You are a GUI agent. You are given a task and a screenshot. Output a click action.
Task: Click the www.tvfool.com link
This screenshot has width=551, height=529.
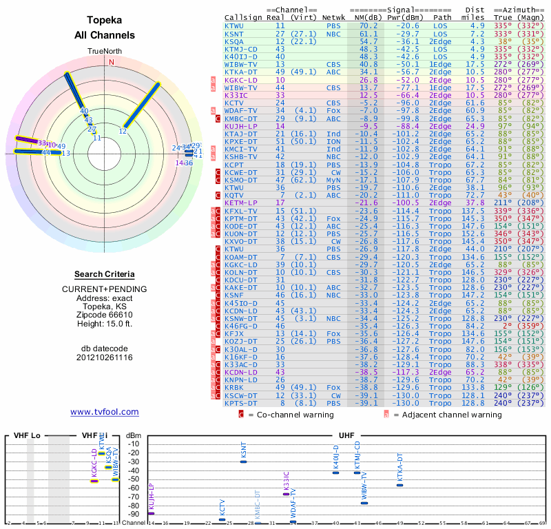click(x=105, y=412)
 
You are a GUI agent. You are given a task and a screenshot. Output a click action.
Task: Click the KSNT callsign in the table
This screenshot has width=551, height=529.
click(x=234, y=33)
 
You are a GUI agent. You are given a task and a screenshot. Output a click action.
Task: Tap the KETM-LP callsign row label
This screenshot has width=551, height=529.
click(x=240, y=203)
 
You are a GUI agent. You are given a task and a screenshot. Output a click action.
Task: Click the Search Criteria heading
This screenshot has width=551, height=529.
click(x=105, y=274)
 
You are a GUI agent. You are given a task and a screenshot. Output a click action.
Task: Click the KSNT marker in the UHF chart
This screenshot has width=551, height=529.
click(x=243, y=461)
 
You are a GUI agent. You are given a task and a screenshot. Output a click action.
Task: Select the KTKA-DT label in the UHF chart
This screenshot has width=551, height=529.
click(x=399, y=468)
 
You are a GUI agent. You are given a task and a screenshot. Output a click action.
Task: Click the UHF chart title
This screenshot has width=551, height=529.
click(x=347, y=435)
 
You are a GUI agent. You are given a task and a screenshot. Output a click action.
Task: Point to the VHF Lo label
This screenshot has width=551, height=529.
click(x=28, y=435)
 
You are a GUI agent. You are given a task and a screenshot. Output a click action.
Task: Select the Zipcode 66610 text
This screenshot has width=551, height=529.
click(x=105, y=313)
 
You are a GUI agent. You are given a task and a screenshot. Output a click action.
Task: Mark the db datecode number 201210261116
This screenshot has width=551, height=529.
click(x=105, y=357)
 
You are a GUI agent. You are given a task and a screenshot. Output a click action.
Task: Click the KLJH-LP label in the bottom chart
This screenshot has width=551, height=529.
click(x=152, y=497)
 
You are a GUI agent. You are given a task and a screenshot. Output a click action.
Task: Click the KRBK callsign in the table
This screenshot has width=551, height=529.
click(x=234, y=388)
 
